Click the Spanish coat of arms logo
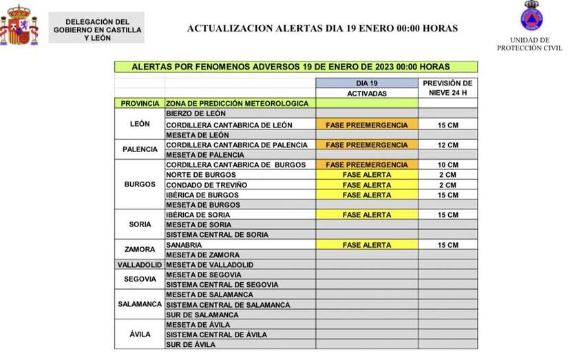point(19,25)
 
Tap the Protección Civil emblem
point(530,17)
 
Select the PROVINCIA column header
point(140,103)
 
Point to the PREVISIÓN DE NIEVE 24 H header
point(447,88)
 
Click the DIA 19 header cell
point(366,83)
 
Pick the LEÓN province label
point(140,125)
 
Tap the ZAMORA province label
point(140,250)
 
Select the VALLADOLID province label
point(140,265)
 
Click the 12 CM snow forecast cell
point(447,145)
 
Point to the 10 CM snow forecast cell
point(447,165)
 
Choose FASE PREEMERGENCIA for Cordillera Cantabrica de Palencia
point(366,145)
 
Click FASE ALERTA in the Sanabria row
point(366,245)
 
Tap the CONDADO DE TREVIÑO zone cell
point(207,185)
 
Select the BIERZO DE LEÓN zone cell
point(196,113)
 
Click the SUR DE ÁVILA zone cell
point(191,344)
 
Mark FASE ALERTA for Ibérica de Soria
point(366,215)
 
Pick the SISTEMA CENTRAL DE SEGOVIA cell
point(222,284)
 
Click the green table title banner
point(295,67)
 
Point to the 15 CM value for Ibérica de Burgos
point(447,195)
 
